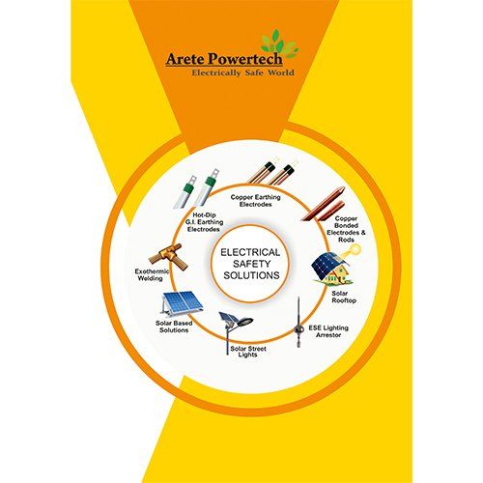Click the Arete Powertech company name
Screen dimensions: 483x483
[224, 59]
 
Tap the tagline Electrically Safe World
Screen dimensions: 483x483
[243, 72]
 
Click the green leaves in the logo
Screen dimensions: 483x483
[279, 43]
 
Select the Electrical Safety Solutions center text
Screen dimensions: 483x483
[251, 264]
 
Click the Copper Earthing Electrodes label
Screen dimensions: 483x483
[255, 201]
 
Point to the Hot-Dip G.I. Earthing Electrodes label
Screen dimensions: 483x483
[204, 222]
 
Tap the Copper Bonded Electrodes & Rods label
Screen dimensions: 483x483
[346, 229]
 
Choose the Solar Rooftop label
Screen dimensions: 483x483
[344, 297]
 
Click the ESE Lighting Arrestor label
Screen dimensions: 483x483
[328, 331]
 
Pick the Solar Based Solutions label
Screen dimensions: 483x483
[174, 327]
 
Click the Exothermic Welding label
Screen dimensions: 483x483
[151, 275]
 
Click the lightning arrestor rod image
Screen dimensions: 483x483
[298, 322]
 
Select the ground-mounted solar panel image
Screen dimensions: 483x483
[182, 303]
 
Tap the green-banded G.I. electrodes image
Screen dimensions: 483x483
[196, 188]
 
